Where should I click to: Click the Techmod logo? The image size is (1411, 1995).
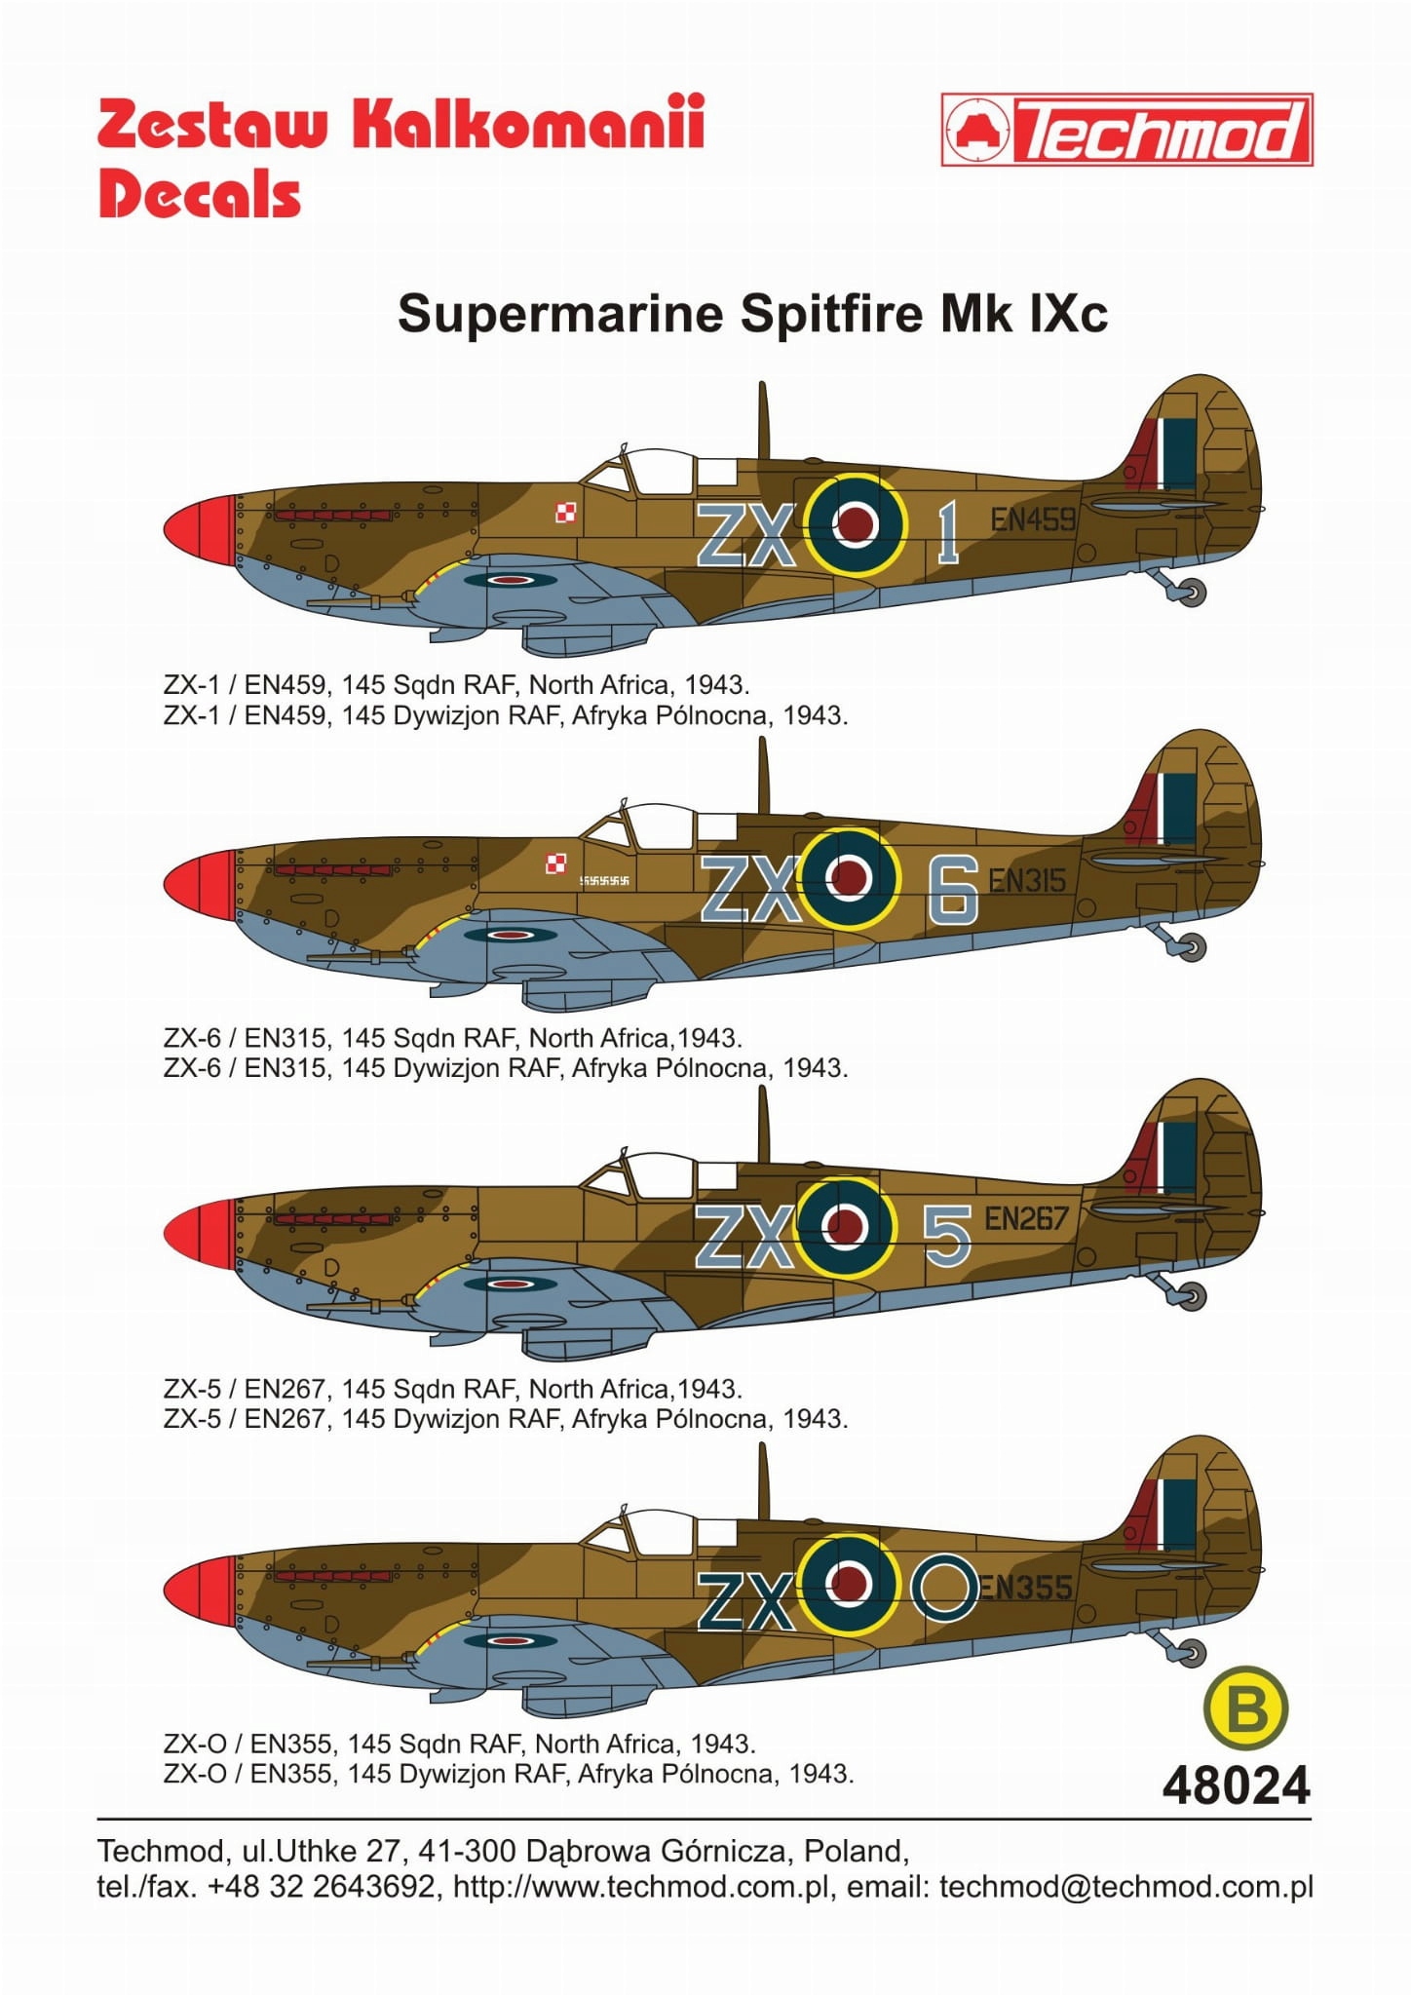pyautogui.click(x=1126, y=130)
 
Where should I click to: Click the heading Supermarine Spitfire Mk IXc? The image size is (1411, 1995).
pyautogui.click(x=752, y=314)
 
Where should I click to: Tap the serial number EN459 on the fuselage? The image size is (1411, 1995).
pyautogui.click(x=1033, y=519)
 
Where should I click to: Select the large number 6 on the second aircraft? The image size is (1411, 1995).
pyautogui.click(x=953, y=888)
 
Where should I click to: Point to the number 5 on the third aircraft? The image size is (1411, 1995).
pyautogui.click(x=947, y=1235)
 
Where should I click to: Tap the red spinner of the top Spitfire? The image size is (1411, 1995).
pyautogui.click(x=200, y=530)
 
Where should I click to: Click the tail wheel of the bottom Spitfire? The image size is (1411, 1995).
pyautogui.click(x=1192, y=1653)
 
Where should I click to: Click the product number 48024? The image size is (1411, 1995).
pyautogui.click(x=1236, y=1785)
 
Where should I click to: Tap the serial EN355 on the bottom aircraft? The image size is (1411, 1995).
pyautogui.click(x=1025, y=1588)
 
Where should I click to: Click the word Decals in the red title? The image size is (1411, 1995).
pyautogui.click(x=200, y=194)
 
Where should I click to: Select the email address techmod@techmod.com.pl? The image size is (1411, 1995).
pyautogui.click(x=1125, y=1887)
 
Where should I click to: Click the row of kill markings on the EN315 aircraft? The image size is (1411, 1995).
pyautogui.click(x=604, y=881)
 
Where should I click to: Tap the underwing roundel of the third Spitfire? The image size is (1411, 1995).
pyautogui.click(x=510, y=1284)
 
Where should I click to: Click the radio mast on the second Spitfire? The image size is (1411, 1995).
pyautogui.click(x=764, y=776)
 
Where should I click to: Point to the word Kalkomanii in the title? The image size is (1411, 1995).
pyautogui.click(x=527, y=124)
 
